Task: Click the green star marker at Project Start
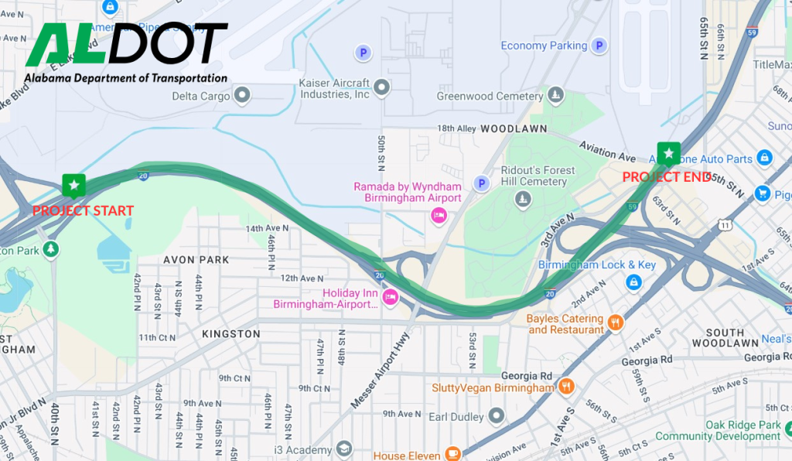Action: [x=73, y=185]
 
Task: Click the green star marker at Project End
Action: [x=669, y=152]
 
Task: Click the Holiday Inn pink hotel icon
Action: [x=391, y=295]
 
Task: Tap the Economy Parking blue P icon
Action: [x=599, y=46]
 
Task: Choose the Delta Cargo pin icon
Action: [x=243, y=96]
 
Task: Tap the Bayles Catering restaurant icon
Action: [x=616, y=323]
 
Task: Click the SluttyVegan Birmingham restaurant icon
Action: [x=567, y=387]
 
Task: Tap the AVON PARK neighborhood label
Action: [x=196, y=260]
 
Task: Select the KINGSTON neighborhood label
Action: [x=230, y=334]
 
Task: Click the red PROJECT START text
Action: [x=83, y=210]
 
